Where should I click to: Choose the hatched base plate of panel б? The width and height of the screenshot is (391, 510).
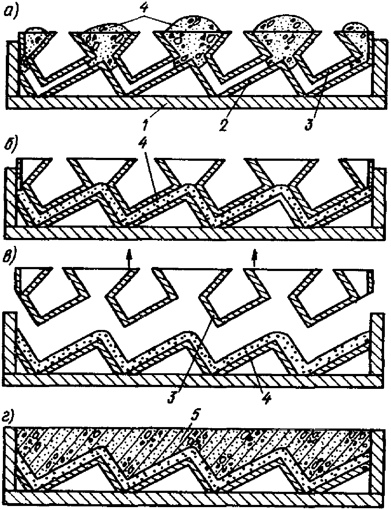[195, 232]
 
